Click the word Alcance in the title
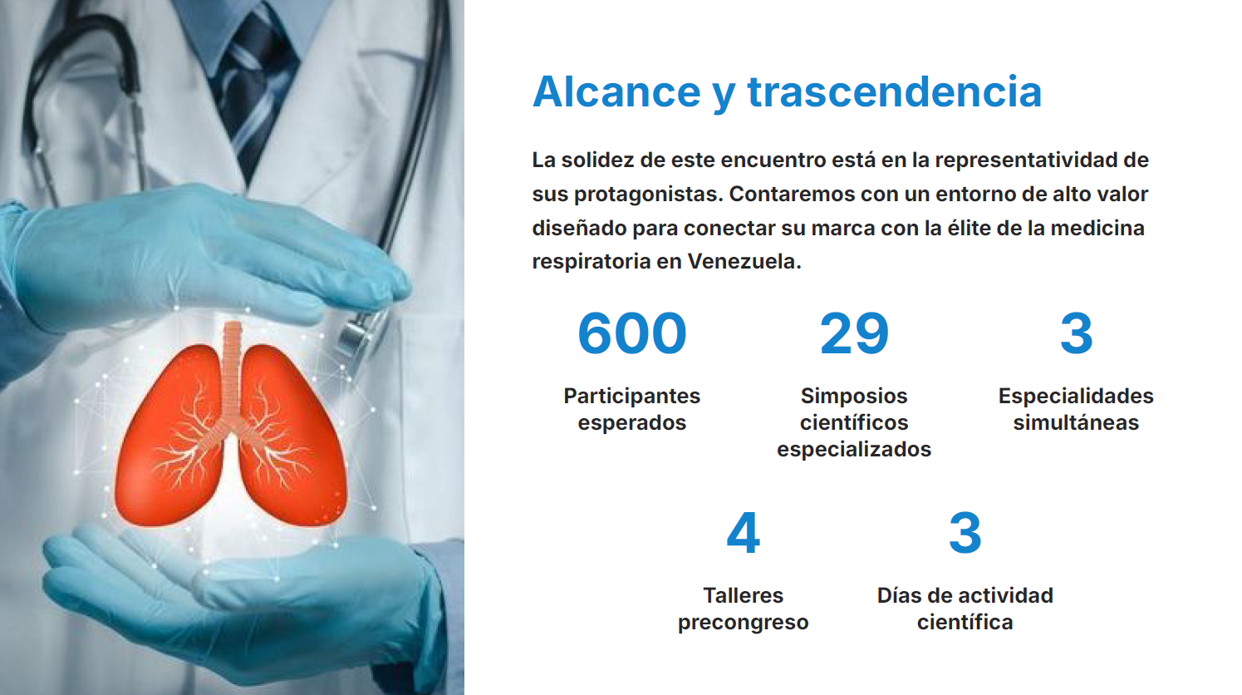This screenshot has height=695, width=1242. coord(616,91)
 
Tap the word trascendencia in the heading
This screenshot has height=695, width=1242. coord(895,91)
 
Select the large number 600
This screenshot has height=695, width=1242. coord(632,333)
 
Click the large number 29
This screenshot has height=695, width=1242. coord(854,333)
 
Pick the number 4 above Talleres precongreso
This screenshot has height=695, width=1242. coord(743,533)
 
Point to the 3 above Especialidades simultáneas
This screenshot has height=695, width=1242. coord(1076,333)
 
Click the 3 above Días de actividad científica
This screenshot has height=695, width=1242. coord(965,533)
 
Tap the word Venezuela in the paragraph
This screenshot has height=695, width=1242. coord(744,261)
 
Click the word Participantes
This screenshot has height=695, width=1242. coord(632,396)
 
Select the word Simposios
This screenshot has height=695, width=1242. coord(854,396)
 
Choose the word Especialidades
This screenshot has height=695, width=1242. coord(1076,396)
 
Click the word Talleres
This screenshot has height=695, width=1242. coord(743,595)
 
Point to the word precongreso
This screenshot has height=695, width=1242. coord(743,623)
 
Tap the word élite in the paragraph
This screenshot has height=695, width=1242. coord(966,228)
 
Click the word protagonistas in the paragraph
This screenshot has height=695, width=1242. coord(648,195)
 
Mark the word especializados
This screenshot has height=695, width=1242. coord(854,449)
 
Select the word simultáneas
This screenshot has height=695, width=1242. coord(1076,422)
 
